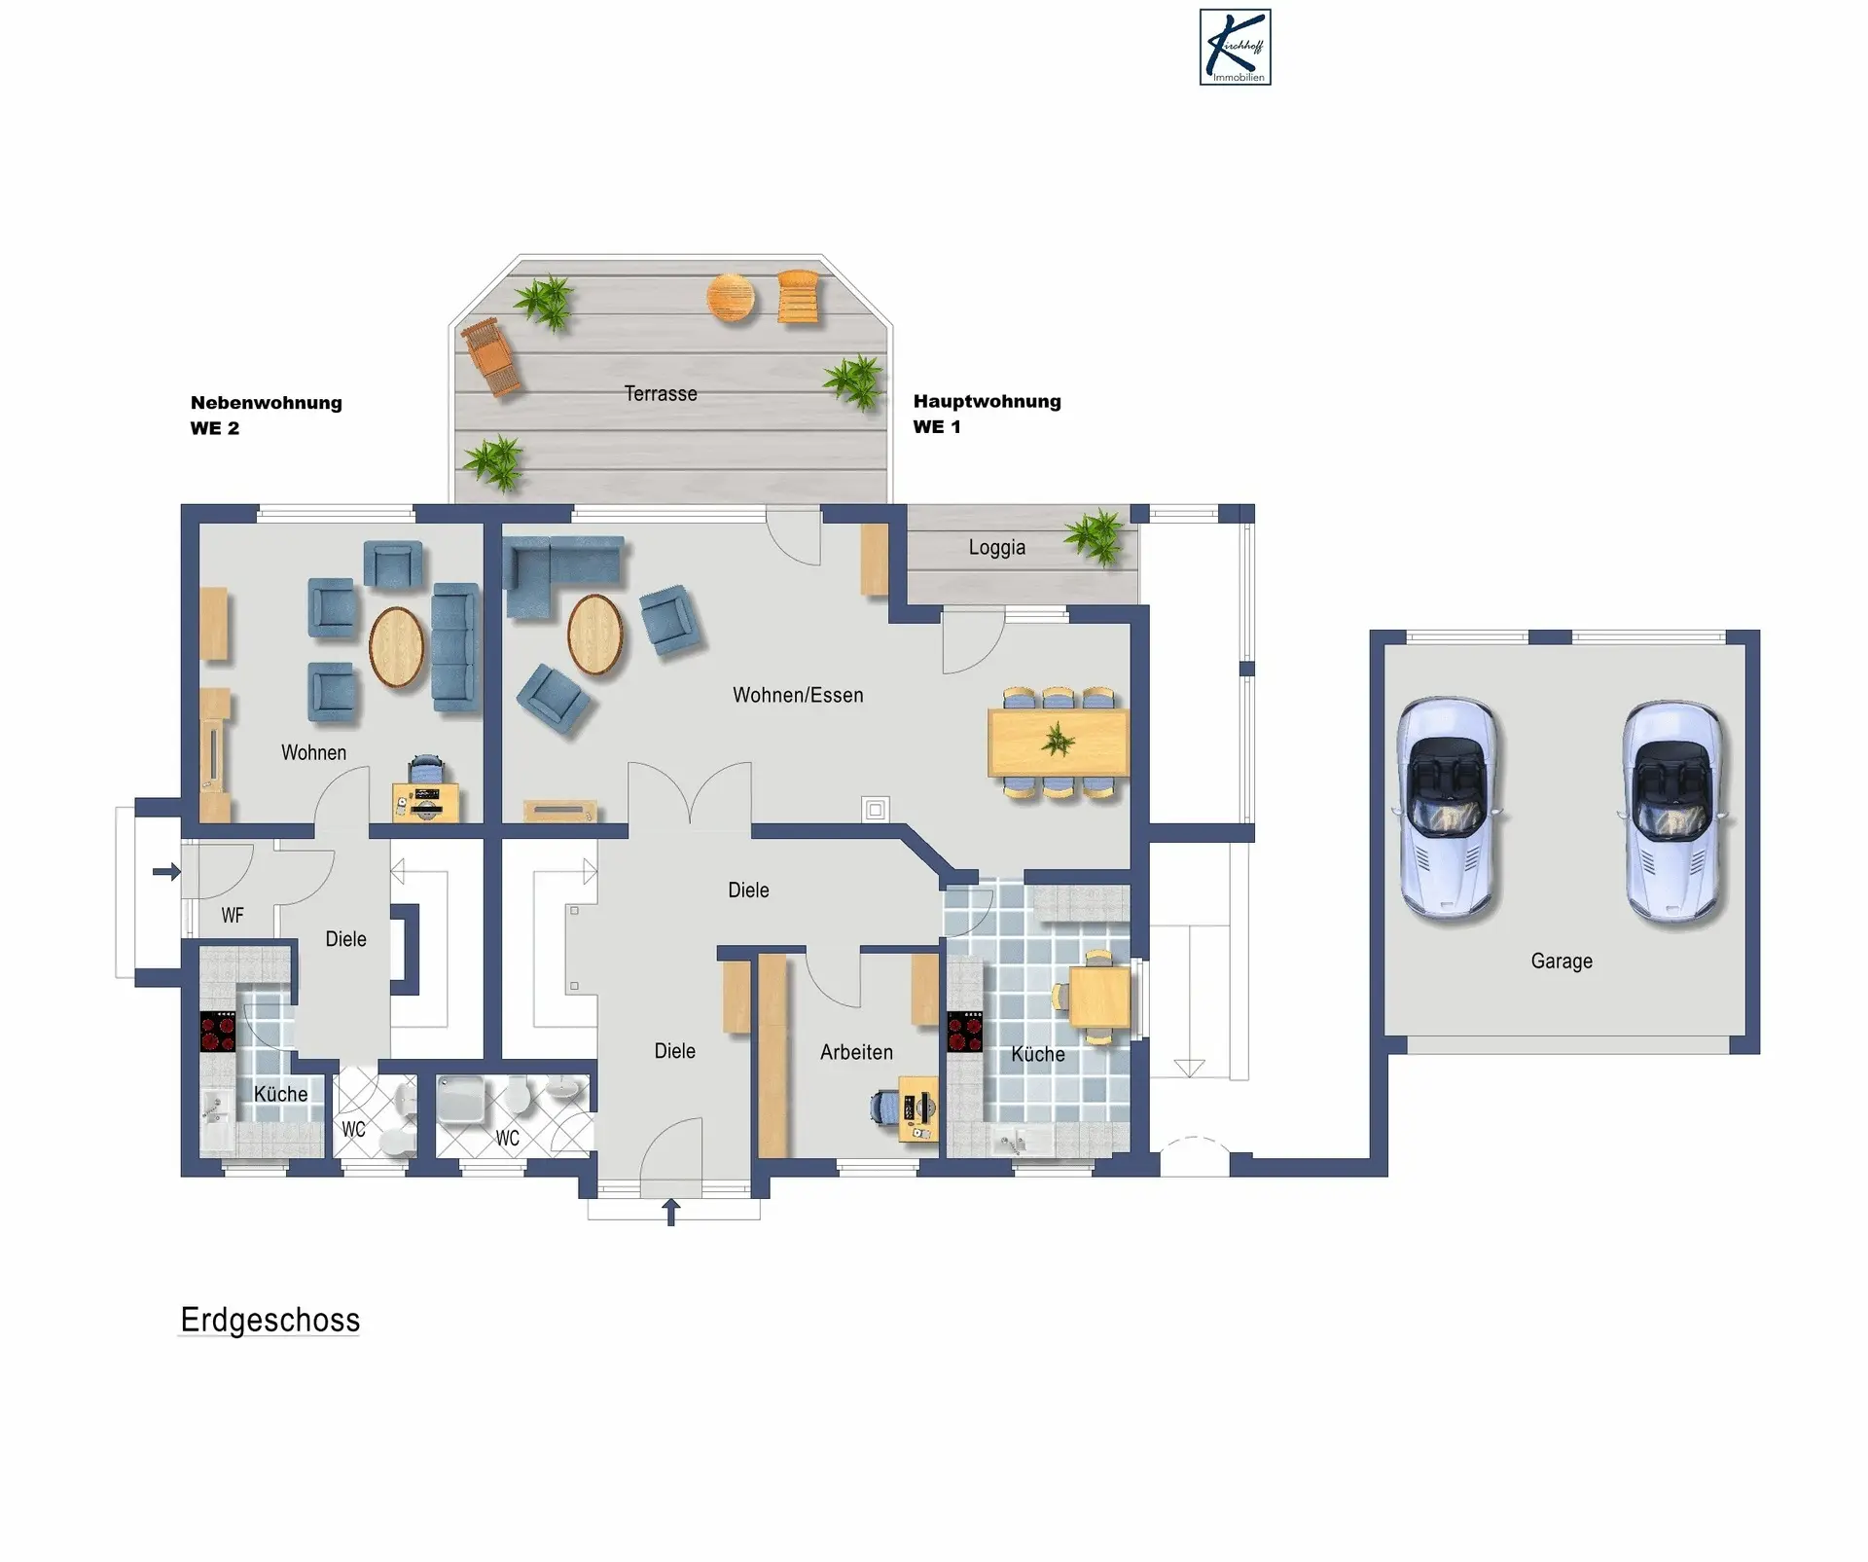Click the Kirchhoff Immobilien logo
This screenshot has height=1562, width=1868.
pyautogui.click(x=1235, y=48)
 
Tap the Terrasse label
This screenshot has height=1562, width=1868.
pyautogui.click(x=661, y=393)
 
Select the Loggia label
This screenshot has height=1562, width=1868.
pyautogui.click(x=996, y=547)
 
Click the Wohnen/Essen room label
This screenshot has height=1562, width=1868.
pyautogui.click(x=798, y=695)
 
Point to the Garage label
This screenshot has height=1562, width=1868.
pyautogui.click(x=1562, y=962)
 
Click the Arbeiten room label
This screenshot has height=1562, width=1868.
pyautogui.click(x=856, y=1052)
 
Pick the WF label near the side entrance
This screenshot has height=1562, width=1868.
pyautogui.click(x=233, y=915)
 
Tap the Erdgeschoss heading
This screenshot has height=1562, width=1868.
pyautogui.click(x=270, y=1321)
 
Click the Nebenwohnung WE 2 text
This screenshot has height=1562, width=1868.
pyautogui.click(x=266, y=415)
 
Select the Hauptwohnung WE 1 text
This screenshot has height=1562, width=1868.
pyautogui.click(x=987, y=414)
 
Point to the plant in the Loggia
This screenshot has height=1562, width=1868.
pyautogui.click(x=1097, y=535)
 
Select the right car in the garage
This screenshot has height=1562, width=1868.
pyautogui.click(x=1672, y=811)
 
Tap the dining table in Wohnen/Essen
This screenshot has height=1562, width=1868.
pyautogui.click(x=1059, y=743)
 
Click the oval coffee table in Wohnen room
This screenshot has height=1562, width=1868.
pyautogui.click(x=397, y=646)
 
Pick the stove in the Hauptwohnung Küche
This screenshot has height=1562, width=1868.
pyautogui.click(x=965, y=1033)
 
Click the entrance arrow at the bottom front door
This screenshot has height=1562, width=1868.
pyautogui.click(x=671, y=1212)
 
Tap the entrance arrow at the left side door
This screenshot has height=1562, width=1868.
pyautogui.click(x=167, y=871)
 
